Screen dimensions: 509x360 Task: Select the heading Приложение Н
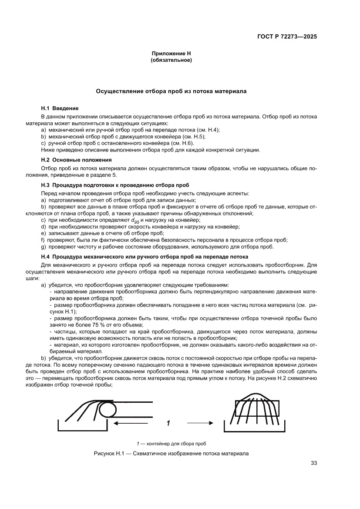(171, 54)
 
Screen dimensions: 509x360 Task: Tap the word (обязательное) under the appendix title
(171, 60)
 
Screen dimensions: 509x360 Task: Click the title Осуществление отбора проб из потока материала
(171, 92)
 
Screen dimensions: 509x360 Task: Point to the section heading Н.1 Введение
(60, 108)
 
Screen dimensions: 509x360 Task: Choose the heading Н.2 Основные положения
(77, 160)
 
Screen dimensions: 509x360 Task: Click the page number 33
(313, 463)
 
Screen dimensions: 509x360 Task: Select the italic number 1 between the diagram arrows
(168, 423)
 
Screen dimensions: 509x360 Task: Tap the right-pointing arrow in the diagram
(200, 423)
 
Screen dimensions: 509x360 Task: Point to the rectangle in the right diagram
(257, 409)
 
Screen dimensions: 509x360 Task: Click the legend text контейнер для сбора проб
(174, 443)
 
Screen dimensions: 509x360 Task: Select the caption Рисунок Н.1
(171, 454)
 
